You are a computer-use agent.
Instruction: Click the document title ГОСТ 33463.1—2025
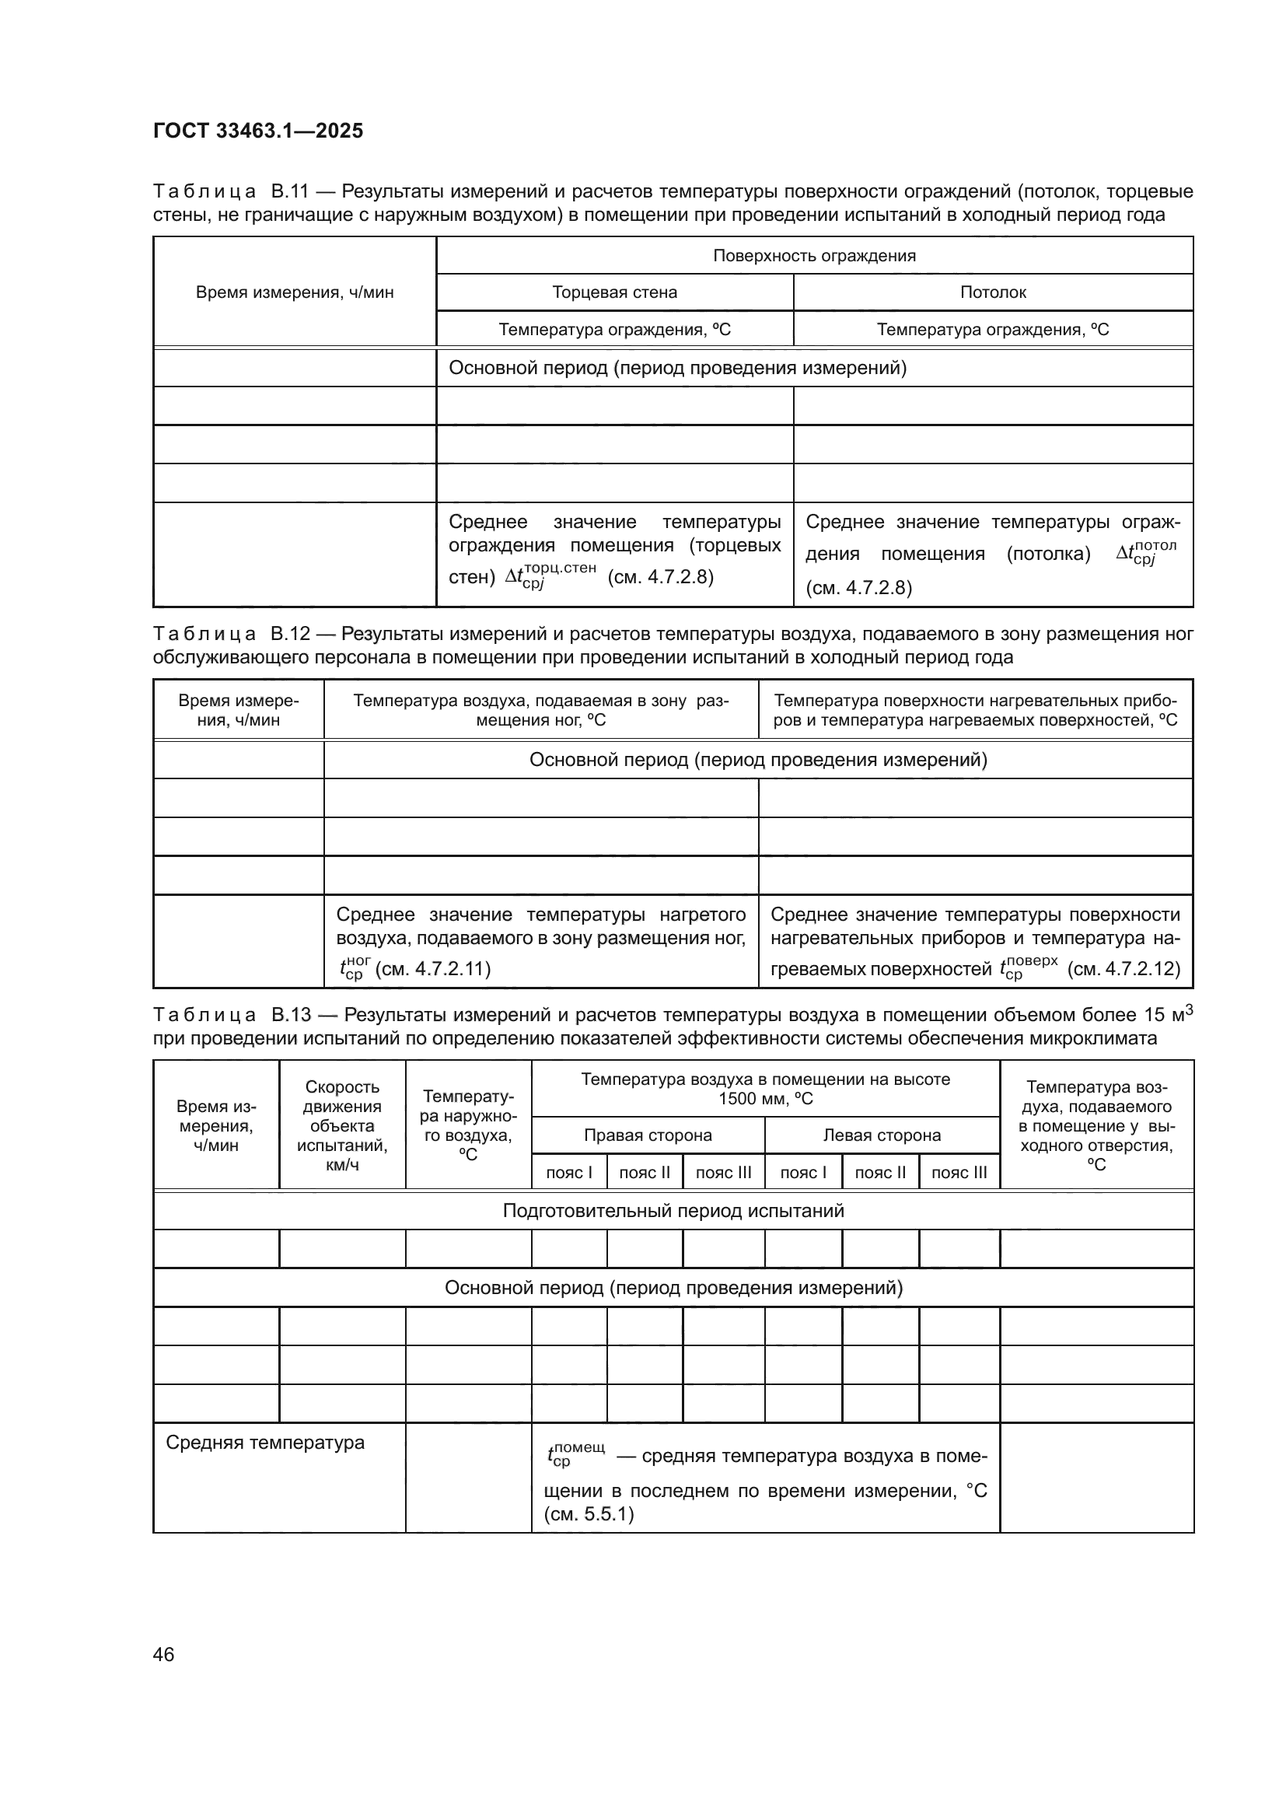click(258, 131)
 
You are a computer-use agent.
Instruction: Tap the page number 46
click(164, 1654)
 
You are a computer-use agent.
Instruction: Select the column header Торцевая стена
click(614, 292)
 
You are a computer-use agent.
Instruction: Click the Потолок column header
click(993, 292)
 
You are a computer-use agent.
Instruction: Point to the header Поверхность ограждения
click(814, 256)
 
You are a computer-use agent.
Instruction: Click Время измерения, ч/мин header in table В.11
click(295, 292)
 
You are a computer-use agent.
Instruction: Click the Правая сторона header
click(648, 1135)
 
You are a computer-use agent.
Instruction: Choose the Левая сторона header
click(882, 1135)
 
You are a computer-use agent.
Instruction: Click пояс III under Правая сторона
click(723, 1173)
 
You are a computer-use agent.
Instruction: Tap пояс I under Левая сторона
click(803, 1173)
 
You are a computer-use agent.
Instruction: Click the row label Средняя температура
click(265, 1443)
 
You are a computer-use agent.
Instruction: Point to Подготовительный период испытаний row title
click(673, 1211)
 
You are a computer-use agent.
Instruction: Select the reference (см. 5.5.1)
click(589, 1515)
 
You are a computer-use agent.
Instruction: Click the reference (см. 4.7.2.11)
click(432, 969)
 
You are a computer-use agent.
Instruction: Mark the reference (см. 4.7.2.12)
click(1124, 969)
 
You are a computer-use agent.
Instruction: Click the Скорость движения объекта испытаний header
click(342, 1126)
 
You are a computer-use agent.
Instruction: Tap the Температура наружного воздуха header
click(468, 1126)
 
